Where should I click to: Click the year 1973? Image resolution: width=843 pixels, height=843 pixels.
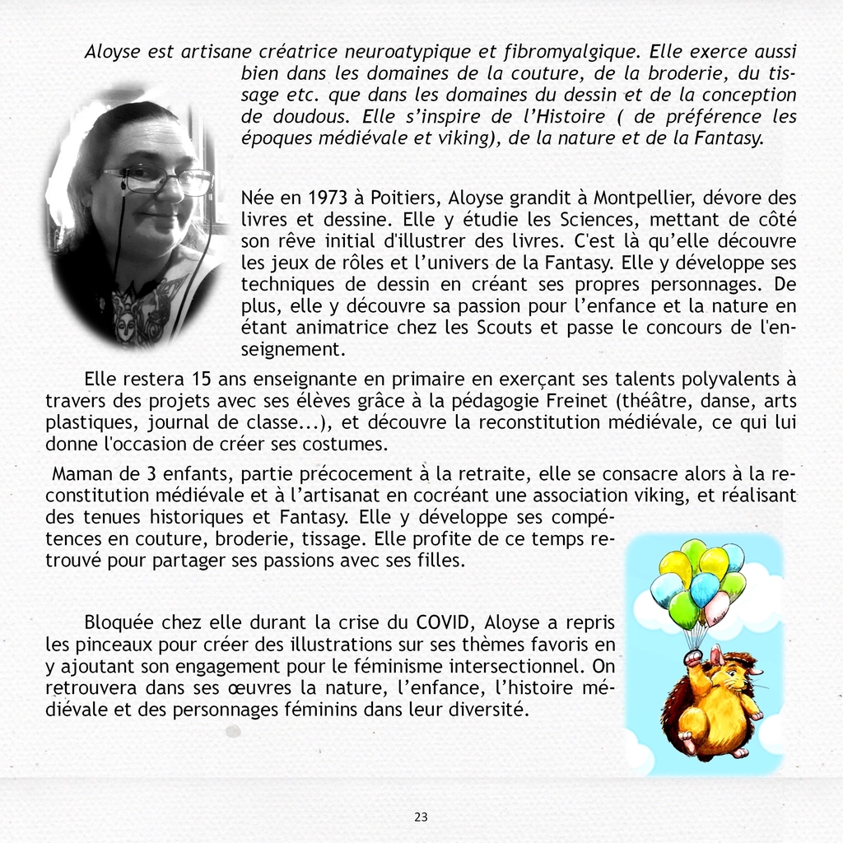(x=328, y=198)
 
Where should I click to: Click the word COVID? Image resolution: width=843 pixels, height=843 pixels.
(x=446, y=622)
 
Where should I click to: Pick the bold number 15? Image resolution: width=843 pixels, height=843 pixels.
(x=201, y=380)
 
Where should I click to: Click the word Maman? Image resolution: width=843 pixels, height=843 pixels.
(x=80, y=474)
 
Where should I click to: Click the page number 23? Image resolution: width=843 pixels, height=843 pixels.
(x=421, y=817)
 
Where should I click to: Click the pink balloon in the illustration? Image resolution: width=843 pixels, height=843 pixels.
(x=717, y=608)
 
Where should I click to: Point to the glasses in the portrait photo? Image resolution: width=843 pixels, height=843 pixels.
(x=156, y=179)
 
